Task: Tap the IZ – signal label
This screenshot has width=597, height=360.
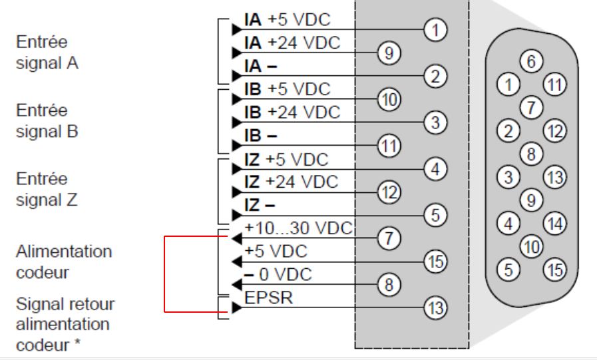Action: coord(260,204)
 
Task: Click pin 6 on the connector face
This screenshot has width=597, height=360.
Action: coord(531,63)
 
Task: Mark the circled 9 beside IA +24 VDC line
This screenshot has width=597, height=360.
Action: coord(387,53)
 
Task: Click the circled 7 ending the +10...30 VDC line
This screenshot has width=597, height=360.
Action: coord(387,238)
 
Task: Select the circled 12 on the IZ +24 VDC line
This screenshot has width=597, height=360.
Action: coord(387,192)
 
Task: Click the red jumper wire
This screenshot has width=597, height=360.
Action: coord(165,273)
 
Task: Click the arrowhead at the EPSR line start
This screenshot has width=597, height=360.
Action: coord(236,308)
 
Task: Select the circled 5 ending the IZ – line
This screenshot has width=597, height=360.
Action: coord(435,215)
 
